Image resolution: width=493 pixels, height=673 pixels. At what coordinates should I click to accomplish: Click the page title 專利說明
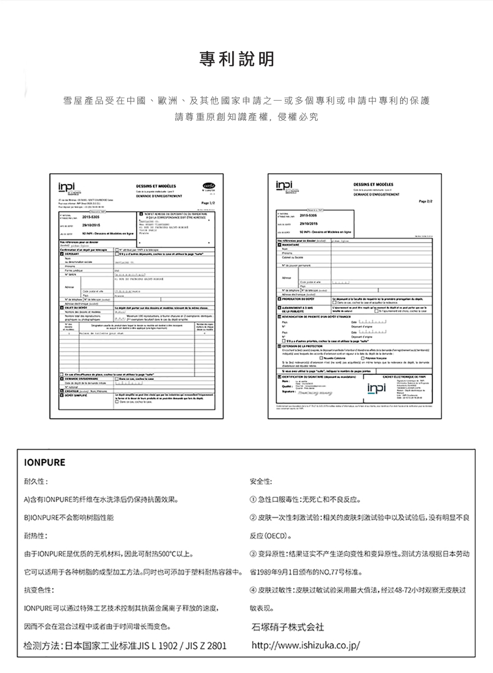point(237,60)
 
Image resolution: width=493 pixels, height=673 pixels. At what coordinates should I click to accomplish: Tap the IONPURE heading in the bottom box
point(44,462)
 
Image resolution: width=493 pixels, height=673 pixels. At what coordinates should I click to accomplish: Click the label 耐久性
point(36,482)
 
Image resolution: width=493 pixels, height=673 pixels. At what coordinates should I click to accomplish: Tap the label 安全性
point(261,482)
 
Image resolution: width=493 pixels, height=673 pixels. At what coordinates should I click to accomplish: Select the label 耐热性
point(36,536)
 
